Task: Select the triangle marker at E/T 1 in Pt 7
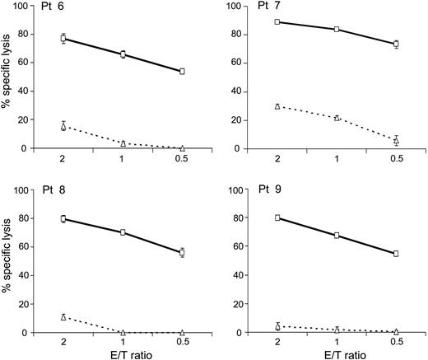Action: coord(337,118)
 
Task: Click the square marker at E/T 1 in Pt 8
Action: coord(123,232)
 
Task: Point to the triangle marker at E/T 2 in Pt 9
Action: coord(277,326)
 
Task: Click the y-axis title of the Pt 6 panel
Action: coord(10,77)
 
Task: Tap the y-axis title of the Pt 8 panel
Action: coord(10,261)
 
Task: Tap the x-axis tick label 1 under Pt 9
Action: coord(337,343)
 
